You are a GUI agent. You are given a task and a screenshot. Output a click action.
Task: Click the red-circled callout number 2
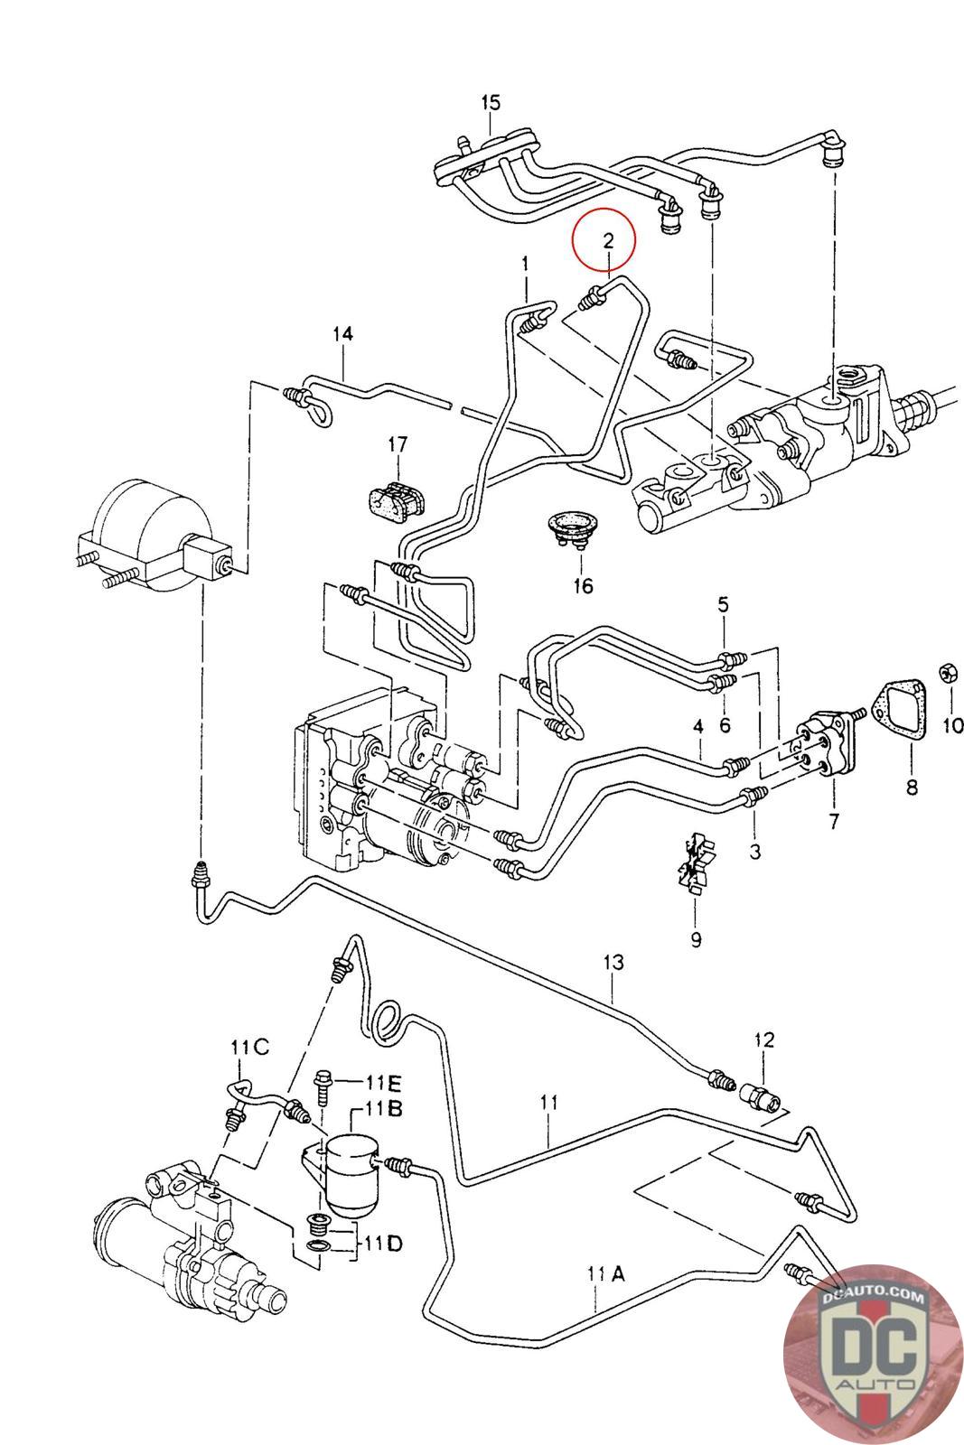[x=608, y=240]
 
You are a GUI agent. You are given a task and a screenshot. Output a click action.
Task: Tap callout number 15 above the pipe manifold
[x=490, y=102]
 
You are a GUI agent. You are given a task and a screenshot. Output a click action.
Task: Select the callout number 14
[x=342, y=334]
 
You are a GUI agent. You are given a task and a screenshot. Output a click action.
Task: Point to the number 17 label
[x=398, y=444]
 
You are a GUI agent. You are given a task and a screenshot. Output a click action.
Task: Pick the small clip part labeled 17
[x=397, y=497]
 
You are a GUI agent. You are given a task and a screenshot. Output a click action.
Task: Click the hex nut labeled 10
[x=950, y=672]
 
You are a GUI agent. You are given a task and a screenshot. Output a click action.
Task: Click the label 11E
[x=383, y=1081]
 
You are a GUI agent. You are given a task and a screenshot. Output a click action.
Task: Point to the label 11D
[x=383, y=1244]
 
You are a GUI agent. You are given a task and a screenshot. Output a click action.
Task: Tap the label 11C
[x=249, y=1048]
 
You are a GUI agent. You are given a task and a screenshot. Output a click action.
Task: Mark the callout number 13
[x=613, y=963]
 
